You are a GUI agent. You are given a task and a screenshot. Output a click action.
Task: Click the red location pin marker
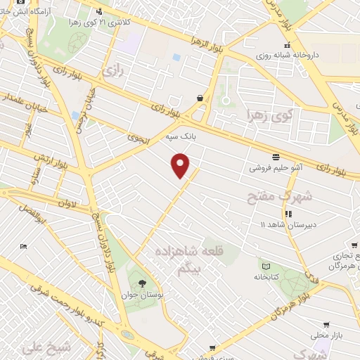(x=181, y=165)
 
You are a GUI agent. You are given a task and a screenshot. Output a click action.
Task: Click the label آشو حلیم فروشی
(x=275, y=169)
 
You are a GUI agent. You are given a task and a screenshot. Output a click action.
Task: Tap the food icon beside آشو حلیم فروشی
(x=275, y=157)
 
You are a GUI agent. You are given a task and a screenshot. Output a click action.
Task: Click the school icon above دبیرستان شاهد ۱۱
(x=287, y=214)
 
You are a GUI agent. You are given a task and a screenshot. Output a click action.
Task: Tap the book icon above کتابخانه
(x=265, y=266)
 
